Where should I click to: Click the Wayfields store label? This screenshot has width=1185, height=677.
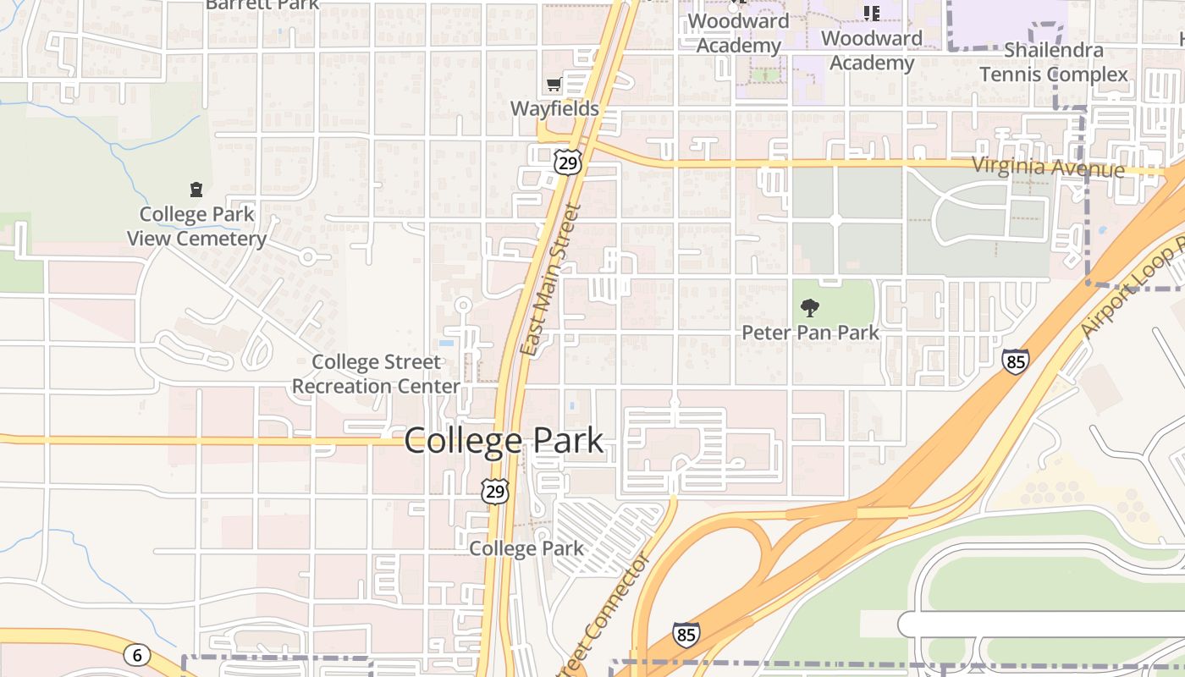click(554, 108)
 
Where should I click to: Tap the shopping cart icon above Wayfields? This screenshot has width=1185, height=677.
click(554, 84)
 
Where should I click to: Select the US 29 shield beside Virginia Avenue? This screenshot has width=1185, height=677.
click(568, 162)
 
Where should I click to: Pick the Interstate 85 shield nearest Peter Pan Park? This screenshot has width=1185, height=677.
click(1015, 361)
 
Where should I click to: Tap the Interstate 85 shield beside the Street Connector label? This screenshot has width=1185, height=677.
click(686, 633)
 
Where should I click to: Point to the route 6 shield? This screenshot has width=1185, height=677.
click(136, 654)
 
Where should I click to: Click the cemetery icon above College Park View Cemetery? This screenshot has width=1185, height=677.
click(196, 189)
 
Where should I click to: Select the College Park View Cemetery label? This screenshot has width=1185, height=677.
click(196, 227)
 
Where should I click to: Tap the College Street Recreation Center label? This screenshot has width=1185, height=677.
click(376, 374)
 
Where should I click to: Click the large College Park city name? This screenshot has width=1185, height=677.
click(504, 441)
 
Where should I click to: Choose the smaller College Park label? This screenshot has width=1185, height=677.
click(526, 548)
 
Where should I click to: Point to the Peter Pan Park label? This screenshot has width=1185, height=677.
click(810, 333)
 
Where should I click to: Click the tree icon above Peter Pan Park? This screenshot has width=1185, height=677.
click(809, 308)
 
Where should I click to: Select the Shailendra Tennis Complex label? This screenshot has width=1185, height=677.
click(1054, 63)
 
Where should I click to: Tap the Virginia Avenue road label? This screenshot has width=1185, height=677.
click(1048, 167)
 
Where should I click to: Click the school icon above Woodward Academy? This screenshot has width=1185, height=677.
click(871, 13)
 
